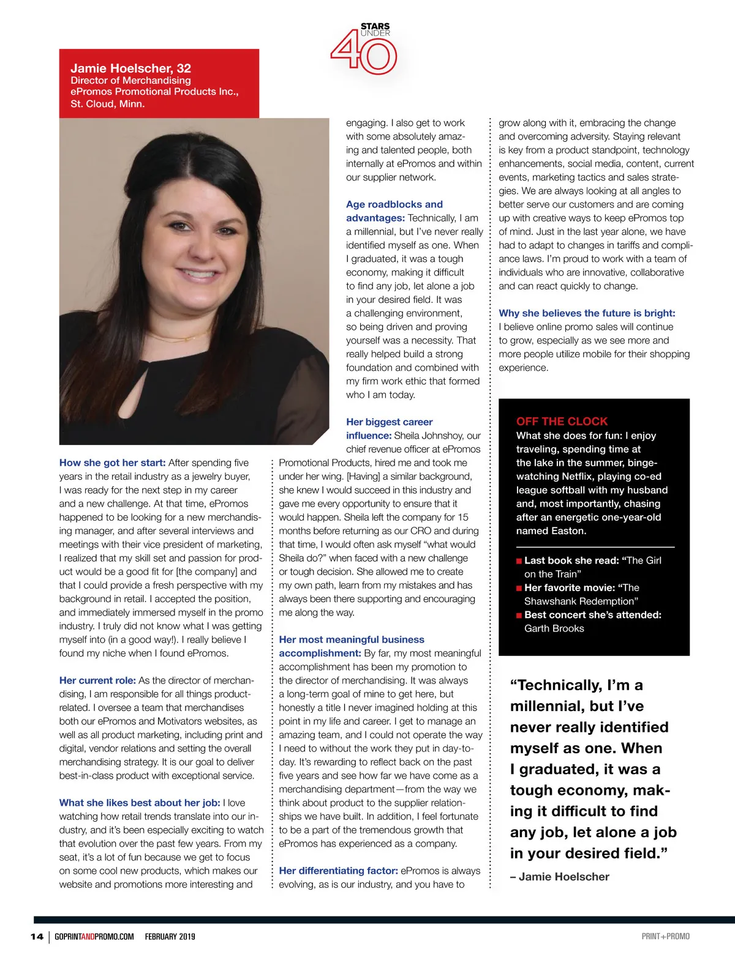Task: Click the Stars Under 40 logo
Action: [x=364, y=49]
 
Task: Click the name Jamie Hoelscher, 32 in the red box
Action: [x=130, y=68]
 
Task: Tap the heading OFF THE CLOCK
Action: [x=562, y=421]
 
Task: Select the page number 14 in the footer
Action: [x=37, y=936]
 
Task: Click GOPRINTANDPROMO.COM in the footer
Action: [x=94, y=936]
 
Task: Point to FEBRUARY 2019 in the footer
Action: [x=170, y=936]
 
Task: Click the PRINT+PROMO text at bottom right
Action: [x=665, y=936]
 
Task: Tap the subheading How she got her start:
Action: [x=112, y=463]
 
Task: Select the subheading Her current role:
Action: [x=97, y=680]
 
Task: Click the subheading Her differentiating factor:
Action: [x=338, y=871]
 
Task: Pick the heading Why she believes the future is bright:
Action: [x=587, y=313]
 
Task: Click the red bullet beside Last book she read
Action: [x=519, y=561]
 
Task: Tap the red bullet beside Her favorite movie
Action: [x=519, y=588]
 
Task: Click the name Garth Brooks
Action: [x=554, y=628]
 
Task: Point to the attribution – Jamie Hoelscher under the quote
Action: [x=559, y=877]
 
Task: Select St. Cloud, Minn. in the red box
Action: [x=107, y=104]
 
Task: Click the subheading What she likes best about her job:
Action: [x=139, y=803]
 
